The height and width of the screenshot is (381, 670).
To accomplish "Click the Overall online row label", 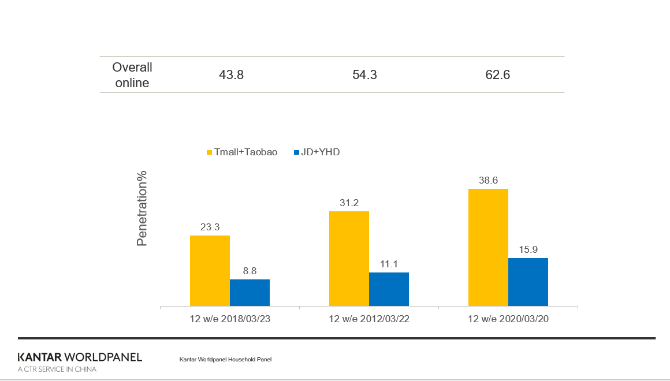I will (132, 75).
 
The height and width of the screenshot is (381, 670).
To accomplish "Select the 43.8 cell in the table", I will (231, 75).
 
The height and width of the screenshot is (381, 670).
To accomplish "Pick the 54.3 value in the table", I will (364, 75).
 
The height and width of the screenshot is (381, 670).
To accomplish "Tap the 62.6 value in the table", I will (498, 75).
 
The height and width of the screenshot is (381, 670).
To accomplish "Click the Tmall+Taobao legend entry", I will (242, 152).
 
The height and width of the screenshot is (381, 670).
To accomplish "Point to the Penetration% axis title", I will (142, 208).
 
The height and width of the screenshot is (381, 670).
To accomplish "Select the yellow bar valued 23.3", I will (210, 270).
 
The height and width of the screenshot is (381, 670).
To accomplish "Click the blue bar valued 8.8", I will (250, 292).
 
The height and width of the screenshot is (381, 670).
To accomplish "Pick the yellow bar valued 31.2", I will (349, 258).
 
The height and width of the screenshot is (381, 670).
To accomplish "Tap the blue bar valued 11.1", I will (389, 289).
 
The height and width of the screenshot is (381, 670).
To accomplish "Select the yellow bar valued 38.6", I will (488, 247).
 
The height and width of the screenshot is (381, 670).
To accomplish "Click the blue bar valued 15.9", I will (528, 282).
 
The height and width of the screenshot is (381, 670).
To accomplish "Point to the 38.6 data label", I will (488, 180).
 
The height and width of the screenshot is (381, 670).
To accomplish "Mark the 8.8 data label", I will (250, 271).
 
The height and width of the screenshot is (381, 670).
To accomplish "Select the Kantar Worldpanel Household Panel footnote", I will (225, 360).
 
